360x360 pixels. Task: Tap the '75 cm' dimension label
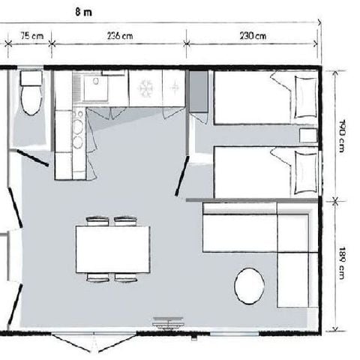point(31,34)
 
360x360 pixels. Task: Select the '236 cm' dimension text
point(120,34)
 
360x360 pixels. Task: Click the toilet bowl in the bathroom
point(31,101)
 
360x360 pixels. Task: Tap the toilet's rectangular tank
point(31,79)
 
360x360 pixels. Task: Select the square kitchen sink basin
point(96,88)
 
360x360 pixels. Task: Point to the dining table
point(112,250)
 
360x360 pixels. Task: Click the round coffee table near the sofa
point(249,286)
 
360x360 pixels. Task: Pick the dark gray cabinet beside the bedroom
point(199,93)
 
